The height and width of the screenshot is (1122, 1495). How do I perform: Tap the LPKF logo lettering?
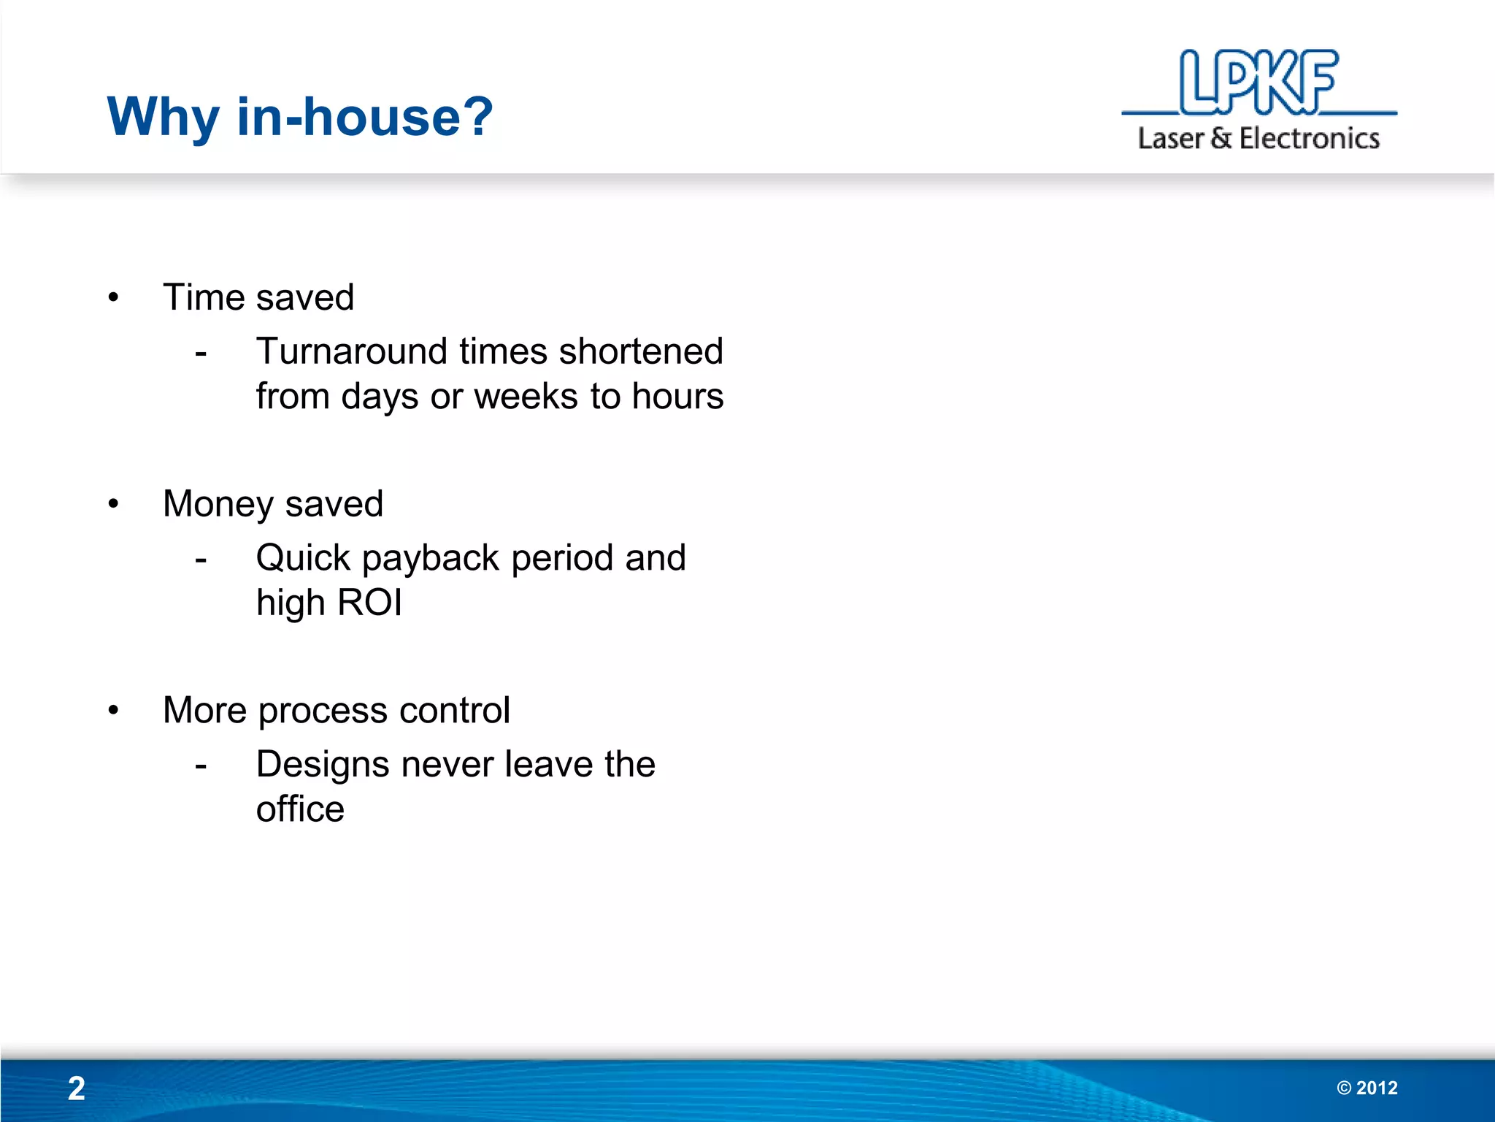(x=1258, y=82)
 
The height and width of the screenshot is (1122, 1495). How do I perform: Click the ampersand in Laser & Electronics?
(x=1221, y=138)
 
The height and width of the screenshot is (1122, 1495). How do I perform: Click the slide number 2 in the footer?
(x=76, y=1088)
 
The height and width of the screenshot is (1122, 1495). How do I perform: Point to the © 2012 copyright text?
(x=1367, y=1088)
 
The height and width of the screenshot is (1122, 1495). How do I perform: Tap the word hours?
(x=677, y=397)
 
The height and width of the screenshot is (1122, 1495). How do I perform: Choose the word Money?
(x=218, y=505)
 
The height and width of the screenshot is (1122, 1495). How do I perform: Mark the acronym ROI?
(x=369, y=603)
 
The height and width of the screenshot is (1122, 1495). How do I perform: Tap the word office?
(x=300, y=809)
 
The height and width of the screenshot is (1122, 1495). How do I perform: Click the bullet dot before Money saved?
(x=113, y=504)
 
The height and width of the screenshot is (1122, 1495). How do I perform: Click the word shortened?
(x=640, y=351)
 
